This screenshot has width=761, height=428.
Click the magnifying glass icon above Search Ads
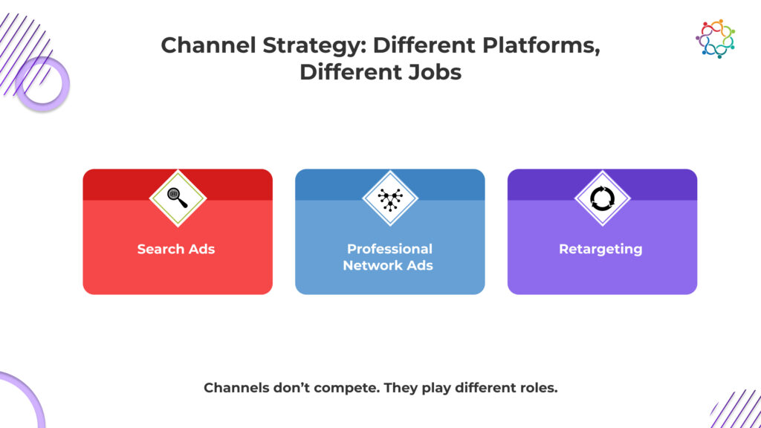(x=177, y=198)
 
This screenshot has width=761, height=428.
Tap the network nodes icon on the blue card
(x=389, y=198)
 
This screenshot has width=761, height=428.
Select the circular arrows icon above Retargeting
(x=602, y=198)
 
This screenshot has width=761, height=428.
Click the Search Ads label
(x=176, y=249)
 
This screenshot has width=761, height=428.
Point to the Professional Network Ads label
(x=389, y=256)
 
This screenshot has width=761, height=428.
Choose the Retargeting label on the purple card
(x=600, y=249)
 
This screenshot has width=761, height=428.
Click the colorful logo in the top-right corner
(x=716, y=39)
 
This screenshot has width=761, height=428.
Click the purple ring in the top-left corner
(x=42, y=84)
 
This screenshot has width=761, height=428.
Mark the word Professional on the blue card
(x=389, y=249)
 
